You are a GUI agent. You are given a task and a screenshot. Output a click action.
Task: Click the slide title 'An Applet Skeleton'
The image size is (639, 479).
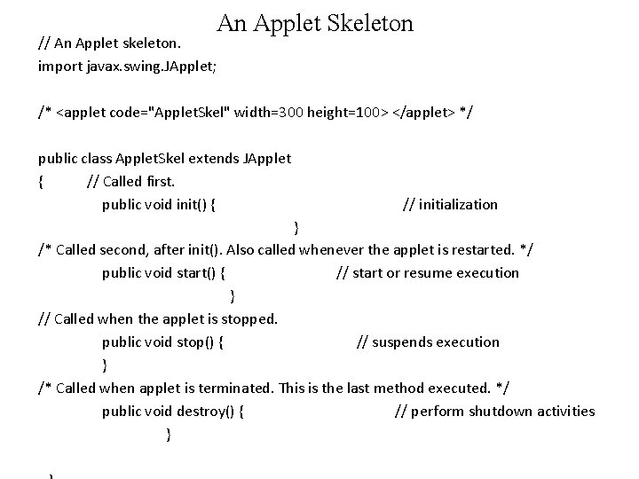(x=315, y=23)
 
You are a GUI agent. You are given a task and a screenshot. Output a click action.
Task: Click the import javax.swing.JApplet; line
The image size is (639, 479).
(x=127, y=66)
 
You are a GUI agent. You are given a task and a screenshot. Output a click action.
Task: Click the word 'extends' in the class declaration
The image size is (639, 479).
(x=212, y=159)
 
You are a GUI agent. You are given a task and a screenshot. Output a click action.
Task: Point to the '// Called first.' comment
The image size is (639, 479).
(x=130, y=182)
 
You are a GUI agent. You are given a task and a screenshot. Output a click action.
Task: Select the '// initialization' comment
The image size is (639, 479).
(x=450, y=205)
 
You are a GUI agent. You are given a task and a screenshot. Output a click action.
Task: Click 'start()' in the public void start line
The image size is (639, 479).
(x=199, y=273)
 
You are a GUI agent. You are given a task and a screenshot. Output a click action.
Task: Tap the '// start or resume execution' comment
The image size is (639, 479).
(x=428, y=273)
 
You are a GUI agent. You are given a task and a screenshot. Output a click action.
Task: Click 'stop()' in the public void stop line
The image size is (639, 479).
(x=197, y=342)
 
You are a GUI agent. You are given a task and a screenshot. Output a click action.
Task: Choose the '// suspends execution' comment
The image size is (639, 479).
(x=428, y=342)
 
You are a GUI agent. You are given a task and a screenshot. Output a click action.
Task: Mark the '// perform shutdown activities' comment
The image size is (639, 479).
(x=494, y=412)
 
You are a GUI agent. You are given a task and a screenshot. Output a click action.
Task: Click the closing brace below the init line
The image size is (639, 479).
(x=296, y=227)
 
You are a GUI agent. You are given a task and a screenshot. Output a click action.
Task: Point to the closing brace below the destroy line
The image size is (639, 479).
(x=169, y=434)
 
